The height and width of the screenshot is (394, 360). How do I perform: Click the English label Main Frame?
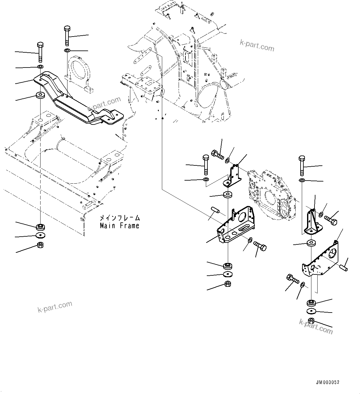click(x=119, y=226)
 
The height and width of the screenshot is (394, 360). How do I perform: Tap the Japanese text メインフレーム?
click(x=119, y=218)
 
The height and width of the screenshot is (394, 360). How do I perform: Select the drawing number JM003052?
click(x=327, y=383)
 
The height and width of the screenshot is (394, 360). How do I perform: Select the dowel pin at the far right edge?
click(x=344, y=266)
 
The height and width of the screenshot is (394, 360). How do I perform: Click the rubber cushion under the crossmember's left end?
click(x=40, y=95)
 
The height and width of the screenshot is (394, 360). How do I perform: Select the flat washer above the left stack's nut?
click(x=40, y=235)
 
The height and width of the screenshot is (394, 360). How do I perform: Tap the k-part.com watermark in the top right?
click(x=257, y=46)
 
